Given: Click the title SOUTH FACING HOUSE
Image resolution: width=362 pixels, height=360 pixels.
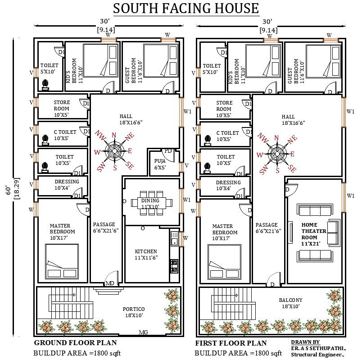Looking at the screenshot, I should click(186, 8).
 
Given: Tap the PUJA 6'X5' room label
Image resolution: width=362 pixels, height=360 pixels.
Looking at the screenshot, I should click(160, 164).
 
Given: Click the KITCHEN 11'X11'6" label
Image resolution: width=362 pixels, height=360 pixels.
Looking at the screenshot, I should click(146, 255).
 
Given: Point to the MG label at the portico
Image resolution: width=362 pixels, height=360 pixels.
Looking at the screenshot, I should click(143, 332).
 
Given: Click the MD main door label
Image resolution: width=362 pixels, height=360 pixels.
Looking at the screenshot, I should click(109, 283).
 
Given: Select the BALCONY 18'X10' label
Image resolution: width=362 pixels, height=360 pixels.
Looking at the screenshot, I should click(290, 303).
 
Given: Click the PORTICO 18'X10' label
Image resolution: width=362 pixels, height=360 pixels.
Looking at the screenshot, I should click(134, 312).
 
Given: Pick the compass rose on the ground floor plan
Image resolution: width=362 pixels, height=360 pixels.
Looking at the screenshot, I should click(115, 151).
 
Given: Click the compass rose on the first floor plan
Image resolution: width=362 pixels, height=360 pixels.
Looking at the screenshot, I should click(277, 154).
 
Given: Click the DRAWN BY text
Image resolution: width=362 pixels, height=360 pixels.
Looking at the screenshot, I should click(305, 342).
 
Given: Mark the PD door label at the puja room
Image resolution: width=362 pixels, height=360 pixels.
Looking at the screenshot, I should click(168, 150).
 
